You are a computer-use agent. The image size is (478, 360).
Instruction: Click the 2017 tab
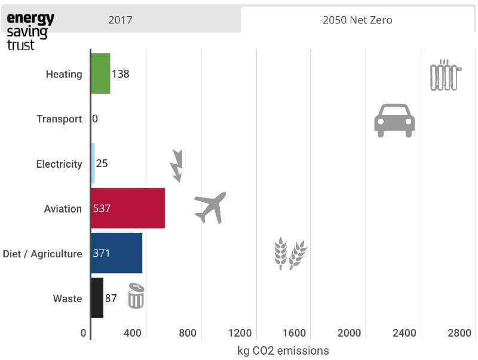[x=120, y=20]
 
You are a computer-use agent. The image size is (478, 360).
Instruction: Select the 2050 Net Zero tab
[x=357, y=20]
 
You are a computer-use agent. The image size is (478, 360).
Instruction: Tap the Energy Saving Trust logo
[x=30, y=31]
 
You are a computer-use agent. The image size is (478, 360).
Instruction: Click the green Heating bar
[x=100, y=74]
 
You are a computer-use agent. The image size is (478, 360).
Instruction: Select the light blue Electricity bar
[x=93, y=164]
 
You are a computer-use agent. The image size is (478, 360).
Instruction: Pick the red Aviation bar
[x=128, y=208]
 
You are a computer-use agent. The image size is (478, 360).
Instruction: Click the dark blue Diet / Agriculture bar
[x=117, y=253]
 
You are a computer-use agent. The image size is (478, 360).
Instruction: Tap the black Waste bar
[x=97, y=298]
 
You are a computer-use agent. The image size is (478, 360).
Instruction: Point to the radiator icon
[x=446, y=75]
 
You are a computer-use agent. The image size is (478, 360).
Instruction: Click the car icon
[x=394, y=120]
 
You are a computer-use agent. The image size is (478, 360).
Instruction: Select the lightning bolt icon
[x=176, y=165]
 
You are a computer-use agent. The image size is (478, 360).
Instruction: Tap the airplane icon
[x=210, y=207]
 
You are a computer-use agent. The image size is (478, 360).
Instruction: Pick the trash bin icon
[x=136, y=296]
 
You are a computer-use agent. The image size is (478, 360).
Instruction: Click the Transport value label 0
[x=95, y=119]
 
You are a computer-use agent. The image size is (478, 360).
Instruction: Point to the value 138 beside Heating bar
[x=121, y=74]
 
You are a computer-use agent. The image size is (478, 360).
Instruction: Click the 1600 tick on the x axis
[x=295, y=333]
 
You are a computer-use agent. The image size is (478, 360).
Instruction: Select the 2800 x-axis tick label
[x=459, y=333]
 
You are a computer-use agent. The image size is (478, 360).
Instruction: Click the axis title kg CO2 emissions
[x=283, y=350]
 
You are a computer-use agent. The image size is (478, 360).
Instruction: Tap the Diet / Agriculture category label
[x=42, y=254]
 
